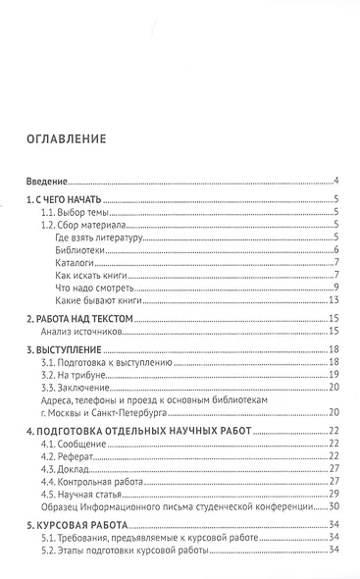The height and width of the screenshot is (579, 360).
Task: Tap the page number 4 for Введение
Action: pos(335,182)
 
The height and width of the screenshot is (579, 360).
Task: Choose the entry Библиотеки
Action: pos(79,250)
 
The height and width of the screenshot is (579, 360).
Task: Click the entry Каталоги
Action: pos(76,263)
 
